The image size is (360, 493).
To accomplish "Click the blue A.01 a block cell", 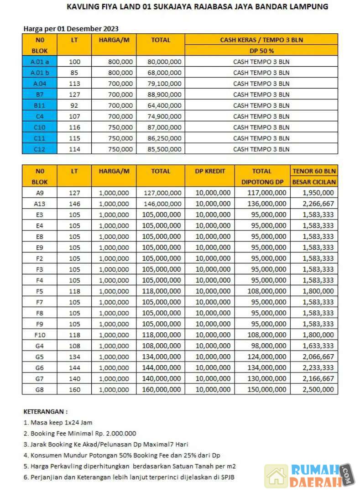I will tap(39, 62).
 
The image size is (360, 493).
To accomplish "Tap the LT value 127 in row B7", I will tap(74, 94).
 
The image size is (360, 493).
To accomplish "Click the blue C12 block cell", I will tap(39, 149).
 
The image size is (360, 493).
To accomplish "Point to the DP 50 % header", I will tap(261, 51).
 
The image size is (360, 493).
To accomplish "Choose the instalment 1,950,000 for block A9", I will tap(318, 193).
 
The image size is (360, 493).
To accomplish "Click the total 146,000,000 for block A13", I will tap(162, 204).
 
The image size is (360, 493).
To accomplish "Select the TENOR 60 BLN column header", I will tap(314, 171).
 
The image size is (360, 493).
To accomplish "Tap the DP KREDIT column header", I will tap(210, 171).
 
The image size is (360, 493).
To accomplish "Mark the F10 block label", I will tap(39, 335).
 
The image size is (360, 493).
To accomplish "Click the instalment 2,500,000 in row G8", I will tap(318, 389).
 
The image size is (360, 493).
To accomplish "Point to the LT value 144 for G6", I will tap(74, 368).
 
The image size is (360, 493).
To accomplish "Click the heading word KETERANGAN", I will tap(45, 412).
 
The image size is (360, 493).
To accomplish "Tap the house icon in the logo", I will tap(276, 476).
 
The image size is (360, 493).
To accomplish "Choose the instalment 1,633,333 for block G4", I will tap(318, 346).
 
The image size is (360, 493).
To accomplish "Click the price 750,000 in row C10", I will tap(121, 127).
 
